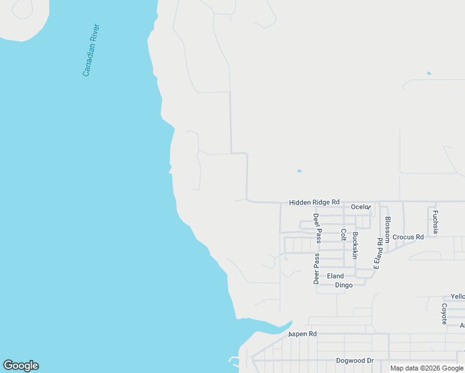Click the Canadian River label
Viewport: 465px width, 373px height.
pyautogui.click(x=91, y=50)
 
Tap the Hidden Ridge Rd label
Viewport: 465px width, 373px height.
pyautogui.click(x=314, y=202)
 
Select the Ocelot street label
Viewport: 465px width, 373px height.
pyautogui.click(x=361, y=206)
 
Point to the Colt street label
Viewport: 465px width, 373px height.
pyautogui.click(x=343, y=235)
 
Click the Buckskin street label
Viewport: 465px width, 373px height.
pyautogui.click(x=355, y=245)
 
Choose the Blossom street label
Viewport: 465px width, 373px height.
pyautogui.click(x=388, y=229)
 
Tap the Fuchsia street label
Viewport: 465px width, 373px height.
pyautogui.click(x=435, y=222)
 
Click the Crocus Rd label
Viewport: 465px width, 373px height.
pyautogui.click(x=408, y=237)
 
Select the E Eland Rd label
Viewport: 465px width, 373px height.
pyautogui.click(x=377, y=253)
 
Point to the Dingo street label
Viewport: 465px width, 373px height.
pyautogui.click(x=344, y=285)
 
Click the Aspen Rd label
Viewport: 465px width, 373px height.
pyautogui.click(x=302, y=334)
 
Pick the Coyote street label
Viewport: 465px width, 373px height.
pyautogui.click(x=444, y=314)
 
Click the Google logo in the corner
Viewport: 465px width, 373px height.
pyautogui.click(x=21, y=366)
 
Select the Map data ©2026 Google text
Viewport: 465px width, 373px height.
pyautogui.click(x=426, y=368)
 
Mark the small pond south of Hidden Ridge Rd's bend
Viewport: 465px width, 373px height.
pyautogui.click(x=299, y=171)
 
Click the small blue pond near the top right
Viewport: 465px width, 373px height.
pyautogui.click(x=428, y=73)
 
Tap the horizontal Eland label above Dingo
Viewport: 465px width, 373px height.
pyautogui.click(x=335, y=276)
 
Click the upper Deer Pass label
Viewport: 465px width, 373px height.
pyautogui.click(x=316, y=228)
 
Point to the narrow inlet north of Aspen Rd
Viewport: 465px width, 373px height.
pyautogui.click(x=274, y=326)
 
